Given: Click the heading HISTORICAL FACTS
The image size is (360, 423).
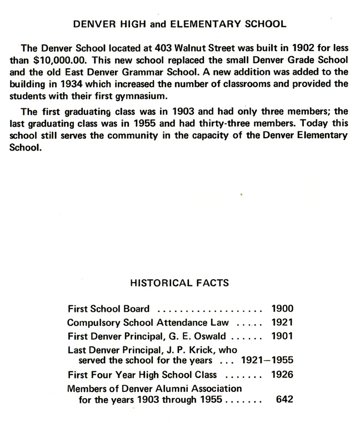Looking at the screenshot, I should coord(179,283).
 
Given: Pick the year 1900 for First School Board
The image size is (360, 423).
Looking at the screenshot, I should coord(282,309).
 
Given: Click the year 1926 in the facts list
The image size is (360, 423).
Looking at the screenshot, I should coord(282,375).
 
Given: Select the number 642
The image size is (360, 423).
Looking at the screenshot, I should coord(284,400).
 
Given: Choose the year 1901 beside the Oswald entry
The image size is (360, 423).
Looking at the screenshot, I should coord(282,336).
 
